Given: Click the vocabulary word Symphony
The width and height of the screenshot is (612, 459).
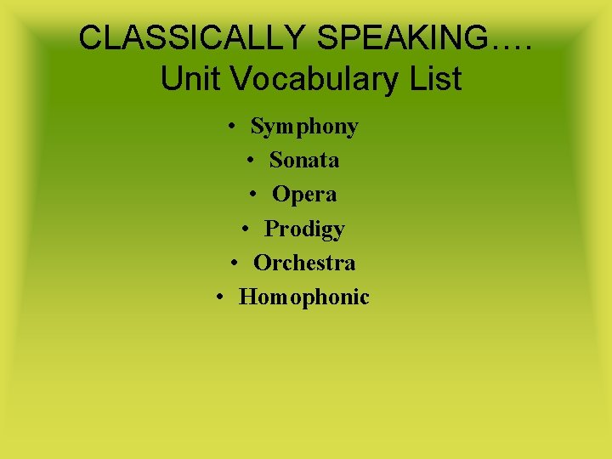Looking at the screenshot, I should click(304, 127).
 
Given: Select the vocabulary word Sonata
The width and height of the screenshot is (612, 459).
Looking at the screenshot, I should click(304, 160).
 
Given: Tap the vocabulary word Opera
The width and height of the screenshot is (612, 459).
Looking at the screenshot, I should click(304, 194).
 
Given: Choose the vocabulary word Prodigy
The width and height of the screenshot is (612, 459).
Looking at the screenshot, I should click(304, 229).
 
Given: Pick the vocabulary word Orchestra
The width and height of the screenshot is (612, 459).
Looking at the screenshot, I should click(304, 263).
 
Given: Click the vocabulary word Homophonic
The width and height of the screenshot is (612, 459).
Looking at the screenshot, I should click(304, 297).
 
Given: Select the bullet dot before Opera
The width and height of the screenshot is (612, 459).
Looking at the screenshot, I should click(254, 195).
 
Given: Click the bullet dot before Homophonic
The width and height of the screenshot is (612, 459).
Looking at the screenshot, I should click(221, 297).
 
